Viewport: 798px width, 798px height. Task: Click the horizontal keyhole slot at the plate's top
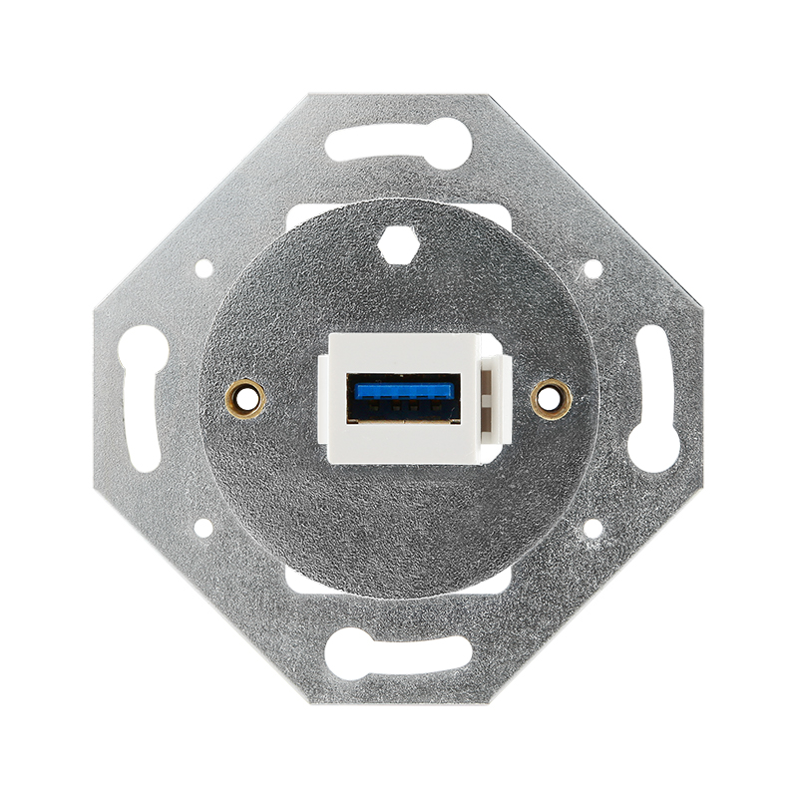coord(398,142)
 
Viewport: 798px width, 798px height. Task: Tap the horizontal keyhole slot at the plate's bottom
coord(398,653)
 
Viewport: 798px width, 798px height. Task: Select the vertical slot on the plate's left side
coord(144,399)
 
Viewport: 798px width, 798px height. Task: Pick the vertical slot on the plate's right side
coord(653,399)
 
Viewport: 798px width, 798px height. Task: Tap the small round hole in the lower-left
coord(203,529)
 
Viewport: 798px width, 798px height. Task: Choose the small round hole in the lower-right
coord(592,529)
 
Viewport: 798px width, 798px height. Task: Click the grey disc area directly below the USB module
coord(398,519)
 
